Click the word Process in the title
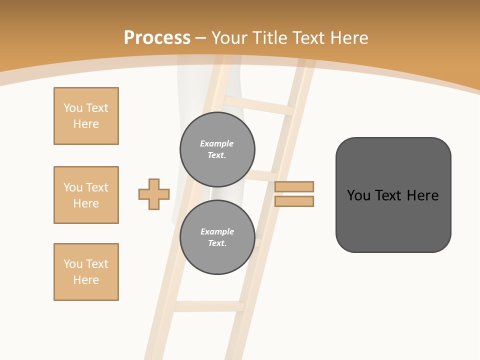pyautogui.click(x=157, y=38)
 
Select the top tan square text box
pyautogui.click(x=86, y=116)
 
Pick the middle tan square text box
pyautogui.click(x=86, y=195)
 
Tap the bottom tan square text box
pyautogui.click(x=86, y=272)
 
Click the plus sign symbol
pyautogui.click(x=154, y=194)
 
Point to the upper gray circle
pyautogui.click(x=217, y=149)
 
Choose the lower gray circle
pyautogui.click(x=217, y=237)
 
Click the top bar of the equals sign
pyautogui.click(x=294, y=186)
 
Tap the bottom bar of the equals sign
pyautogui.click(x=294, y=201)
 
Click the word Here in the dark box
pyautogui.click(x=422, y=195)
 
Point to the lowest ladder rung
pyautogui.click(x=209, y=306)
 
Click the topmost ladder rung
pyautogui.click(x=257, y=105)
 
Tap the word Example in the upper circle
pyautogui.click(x=217, y=143)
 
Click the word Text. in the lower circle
pyautogui.click(x=217, y=243)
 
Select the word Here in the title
pyautogui.click(x=349, y=38)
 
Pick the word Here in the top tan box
pyautogui.click(x=86, y=124)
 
